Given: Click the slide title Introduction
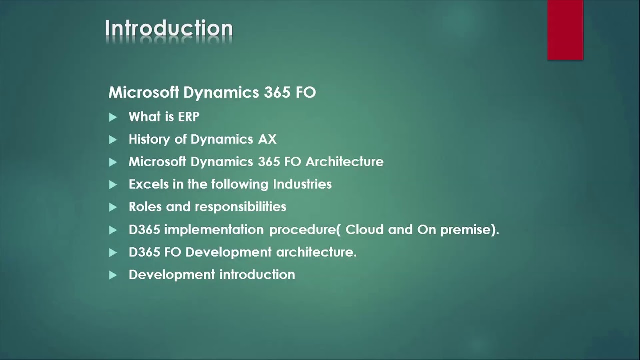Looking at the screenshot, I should pyautogui.click(x=169, y=29).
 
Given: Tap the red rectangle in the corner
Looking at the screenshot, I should pyautogui.click(x=565, y=30).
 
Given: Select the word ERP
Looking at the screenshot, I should pyautogui.click(x=188, y=117).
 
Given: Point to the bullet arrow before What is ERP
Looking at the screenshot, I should pyautogui.click(x=113, y=117).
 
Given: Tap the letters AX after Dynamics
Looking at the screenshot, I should pyautogui.click(x=267, y=139).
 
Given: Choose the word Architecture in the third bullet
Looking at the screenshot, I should pyautogui.click(x=344, y=162).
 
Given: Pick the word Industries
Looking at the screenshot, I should pyautogui.click(x=302, y=184).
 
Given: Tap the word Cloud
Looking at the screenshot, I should pyautogui.click(x=364, y=230).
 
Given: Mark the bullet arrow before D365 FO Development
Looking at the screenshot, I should pyautogui.click(x=113, y=253).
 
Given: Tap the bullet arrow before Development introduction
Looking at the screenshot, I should pyautogui.click(x=113, y=275).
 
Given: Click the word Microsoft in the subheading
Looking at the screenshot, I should pyautogui.click(x=144, y=92).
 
